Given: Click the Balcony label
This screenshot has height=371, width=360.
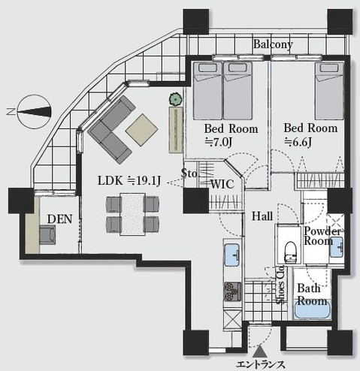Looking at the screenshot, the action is click(273, 44).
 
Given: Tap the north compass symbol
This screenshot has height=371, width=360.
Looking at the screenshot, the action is click(34, 112).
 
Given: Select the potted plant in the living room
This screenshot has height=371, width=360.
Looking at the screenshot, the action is click(176, 100).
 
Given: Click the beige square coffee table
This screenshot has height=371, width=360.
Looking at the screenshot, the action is click(142, 130).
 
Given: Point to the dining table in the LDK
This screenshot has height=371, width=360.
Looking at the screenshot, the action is click(132, 214).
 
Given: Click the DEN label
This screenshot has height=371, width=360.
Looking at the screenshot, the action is click(60, 219).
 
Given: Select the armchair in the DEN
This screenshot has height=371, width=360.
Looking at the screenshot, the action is click(47, 234).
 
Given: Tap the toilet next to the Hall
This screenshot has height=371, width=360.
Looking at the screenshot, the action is click(290, 252).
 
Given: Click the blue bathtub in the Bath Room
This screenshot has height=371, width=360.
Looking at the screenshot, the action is click(313, 309).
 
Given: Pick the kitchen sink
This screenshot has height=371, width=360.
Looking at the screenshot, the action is click(232, 255).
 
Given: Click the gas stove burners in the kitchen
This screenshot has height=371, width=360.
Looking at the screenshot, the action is click(232, 291).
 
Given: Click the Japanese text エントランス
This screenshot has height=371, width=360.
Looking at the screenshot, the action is click(261, 363).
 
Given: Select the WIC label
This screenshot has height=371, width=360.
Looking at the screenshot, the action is click(222, 184).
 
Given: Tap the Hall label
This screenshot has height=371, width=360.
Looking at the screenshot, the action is click(262, 216).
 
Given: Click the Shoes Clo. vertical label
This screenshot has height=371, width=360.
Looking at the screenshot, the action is click(280, 285).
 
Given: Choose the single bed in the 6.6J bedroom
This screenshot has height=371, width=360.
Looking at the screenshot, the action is click(329, 91).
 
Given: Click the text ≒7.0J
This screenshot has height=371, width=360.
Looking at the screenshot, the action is click(219, 143).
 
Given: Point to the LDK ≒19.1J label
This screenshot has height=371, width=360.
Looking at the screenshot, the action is click(129, 181).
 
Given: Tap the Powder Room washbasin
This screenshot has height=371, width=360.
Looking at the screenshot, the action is click(336, 247).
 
